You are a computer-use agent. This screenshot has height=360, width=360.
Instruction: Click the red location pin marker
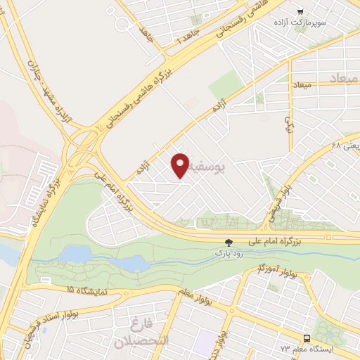tap(180, 163)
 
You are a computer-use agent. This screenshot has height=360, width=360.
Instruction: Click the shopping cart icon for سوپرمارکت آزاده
tap(300, 12)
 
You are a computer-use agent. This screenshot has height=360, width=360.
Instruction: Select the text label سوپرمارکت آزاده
tap(323, 22)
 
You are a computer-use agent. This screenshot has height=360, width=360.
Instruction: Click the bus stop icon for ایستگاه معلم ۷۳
tap(307, 337)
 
